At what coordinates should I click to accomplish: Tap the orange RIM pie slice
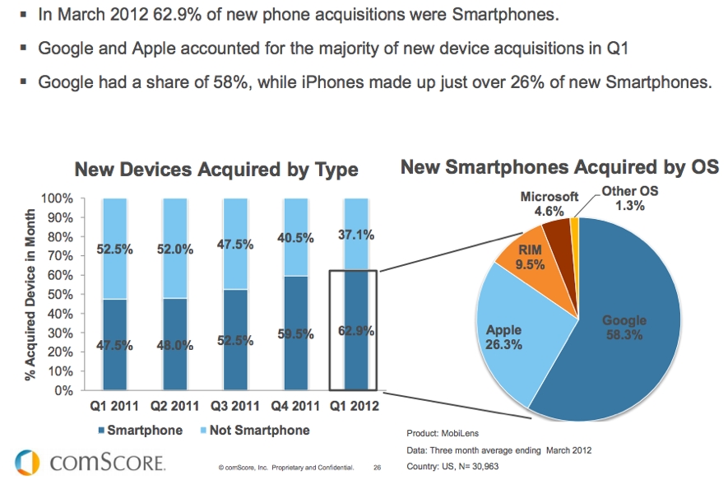click(527, 259)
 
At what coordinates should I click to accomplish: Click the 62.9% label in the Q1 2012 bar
click(354, 332)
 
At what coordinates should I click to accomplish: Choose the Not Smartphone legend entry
click(253, 431)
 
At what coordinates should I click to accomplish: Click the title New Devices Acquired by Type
click(216, 170)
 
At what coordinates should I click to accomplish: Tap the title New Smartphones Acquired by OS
click(559, 167)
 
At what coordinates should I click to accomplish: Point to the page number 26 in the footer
click(378, 468)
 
